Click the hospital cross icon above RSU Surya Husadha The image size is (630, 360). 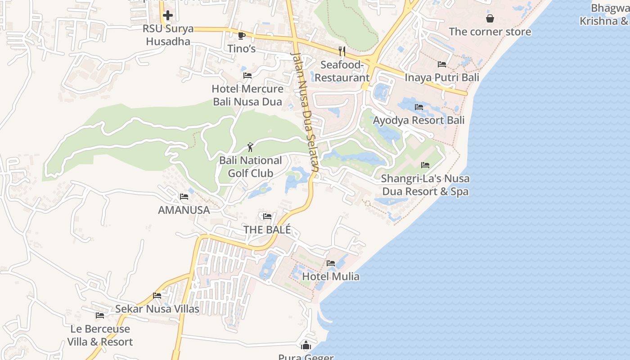[x=167, y=15]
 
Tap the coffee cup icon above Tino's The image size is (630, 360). [x=242, y=36]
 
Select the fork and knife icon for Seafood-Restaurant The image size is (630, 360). [x=342, y=51]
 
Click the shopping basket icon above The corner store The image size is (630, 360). [x=490, y=18]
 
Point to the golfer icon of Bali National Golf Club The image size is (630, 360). [x=250, y=147]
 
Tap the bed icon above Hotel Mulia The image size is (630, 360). [x=331, y=263]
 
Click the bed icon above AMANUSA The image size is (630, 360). [x=184, y=196]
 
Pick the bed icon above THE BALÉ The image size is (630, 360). [x=267, y=216]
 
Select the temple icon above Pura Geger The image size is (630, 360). [x=306, y=345]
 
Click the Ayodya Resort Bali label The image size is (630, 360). [x=418, y=120]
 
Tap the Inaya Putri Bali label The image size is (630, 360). [x=442, y=77]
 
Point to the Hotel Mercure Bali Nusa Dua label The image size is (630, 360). [x=247, y=95]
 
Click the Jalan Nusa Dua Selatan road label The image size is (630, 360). [x=306, y=112]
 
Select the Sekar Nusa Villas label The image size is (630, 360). [x=157, y=309]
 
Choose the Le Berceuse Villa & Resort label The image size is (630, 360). [x=100, y=335]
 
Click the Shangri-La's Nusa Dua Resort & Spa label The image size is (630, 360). [x=425, y=184]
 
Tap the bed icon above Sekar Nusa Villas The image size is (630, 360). [x=157, y=296]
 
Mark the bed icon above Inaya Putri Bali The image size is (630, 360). [x=442, y=64]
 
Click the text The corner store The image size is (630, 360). [x=490, y=31]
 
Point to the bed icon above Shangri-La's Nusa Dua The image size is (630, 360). [x=425, y=165]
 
